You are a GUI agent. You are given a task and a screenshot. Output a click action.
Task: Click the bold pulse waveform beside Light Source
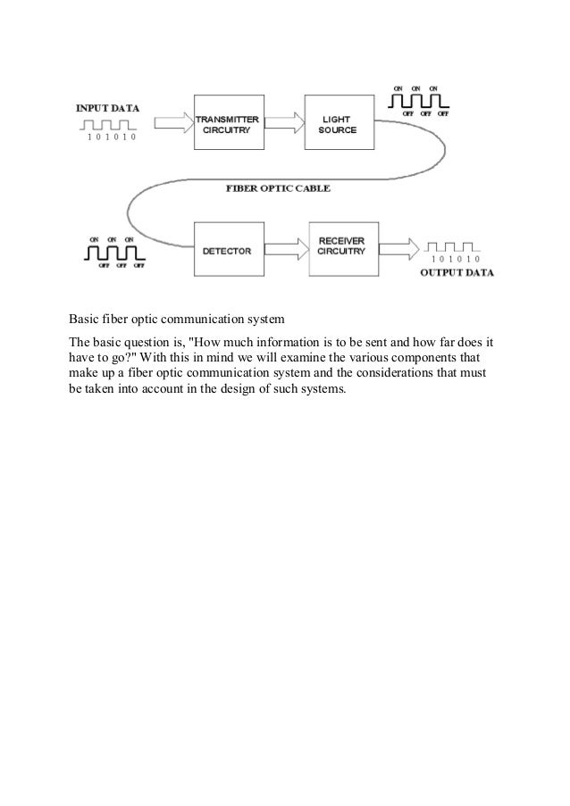pyautogui.click(x=418, y=104)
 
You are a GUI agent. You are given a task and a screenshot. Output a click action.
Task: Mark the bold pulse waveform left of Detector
pyautogui.click(x=113, y=254)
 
